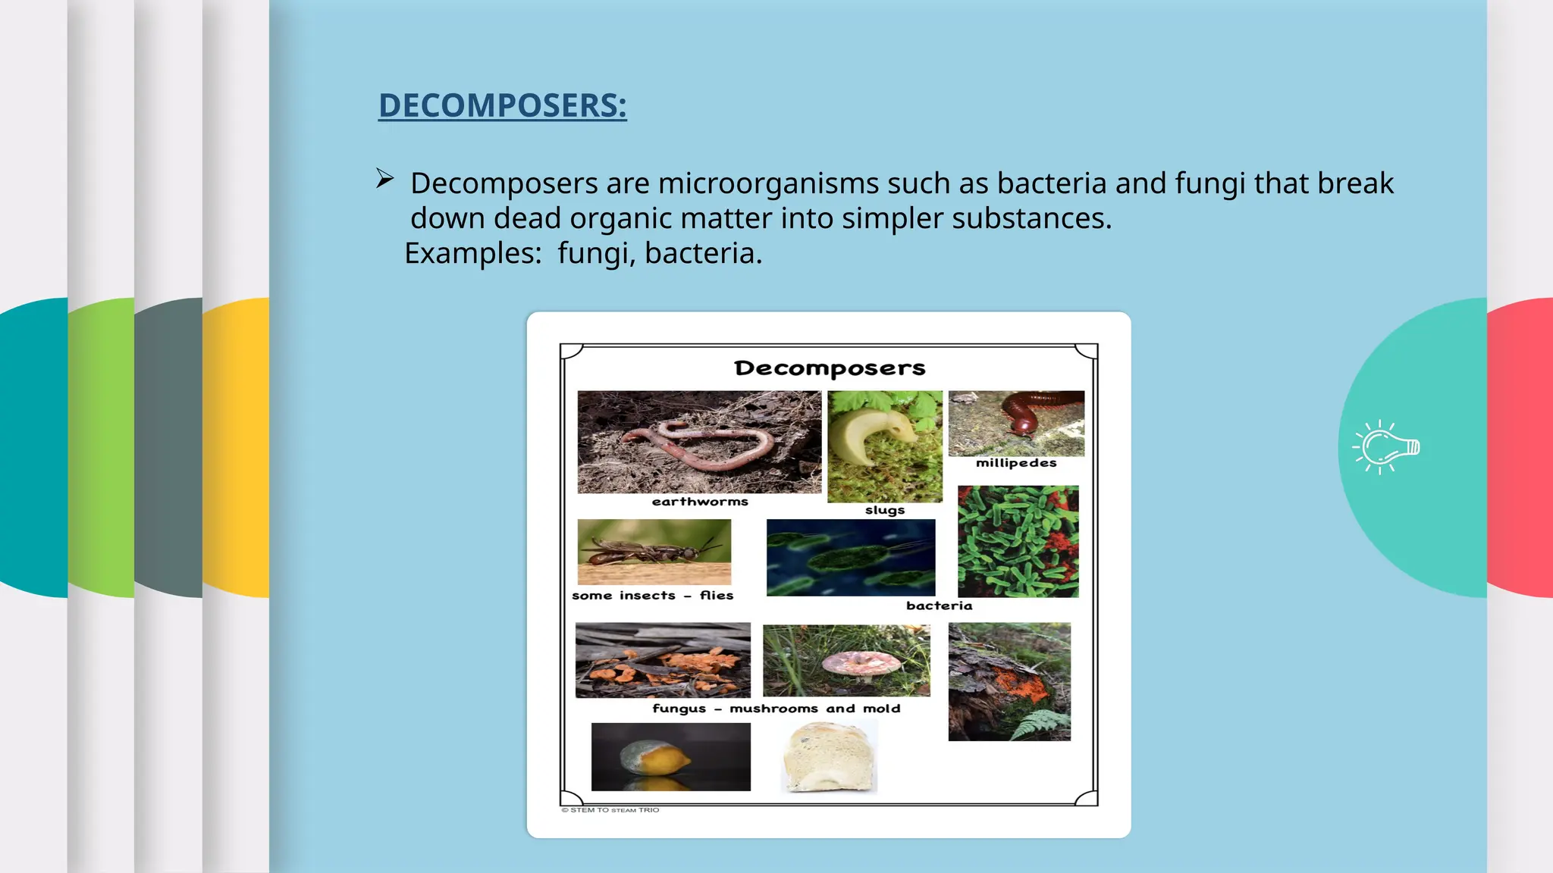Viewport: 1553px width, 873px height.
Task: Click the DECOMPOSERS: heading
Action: coord(502,105)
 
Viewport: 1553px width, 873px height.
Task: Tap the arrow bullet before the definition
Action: coord(385,179)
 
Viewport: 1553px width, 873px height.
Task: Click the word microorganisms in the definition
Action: coord(768,184)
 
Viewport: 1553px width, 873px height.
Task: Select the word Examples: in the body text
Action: coord(473,253)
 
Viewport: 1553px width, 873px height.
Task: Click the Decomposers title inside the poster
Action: coord(830,368)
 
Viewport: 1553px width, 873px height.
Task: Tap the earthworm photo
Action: coord(699,442)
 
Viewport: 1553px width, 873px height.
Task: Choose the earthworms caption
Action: coord(700,502)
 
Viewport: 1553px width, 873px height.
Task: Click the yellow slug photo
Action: coord(884,446)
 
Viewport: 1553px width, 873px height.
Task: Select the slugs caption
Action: coord(885,510)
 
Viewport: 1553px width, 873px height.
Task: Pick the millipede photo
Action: coord(1016,423)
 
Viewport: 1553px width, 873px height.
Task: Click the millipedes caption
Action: coord(1016,463)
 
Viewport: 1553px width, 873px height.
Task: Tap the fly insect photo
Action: coord(654,552)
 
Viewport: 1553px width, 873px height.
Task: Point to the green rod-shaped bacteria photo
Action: coord(1018,541)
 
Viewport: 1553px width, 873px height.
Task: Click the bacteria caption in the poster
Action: coord(939,605)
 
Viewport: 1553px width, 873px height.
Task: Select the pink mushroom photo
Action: coord(846,660)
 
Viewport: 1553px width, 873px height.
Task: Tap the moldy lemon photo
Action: coord(670,756)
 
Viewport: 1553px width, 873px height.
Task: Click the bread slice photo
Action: coord(829,756)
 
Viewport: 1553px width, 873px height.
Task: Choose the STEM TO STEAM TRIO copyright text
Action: coord(610,810)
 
